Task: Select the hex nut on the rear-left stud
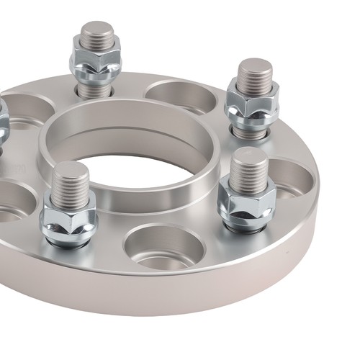(96, 60)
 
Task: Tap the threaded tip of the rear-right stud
(255, 73)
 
